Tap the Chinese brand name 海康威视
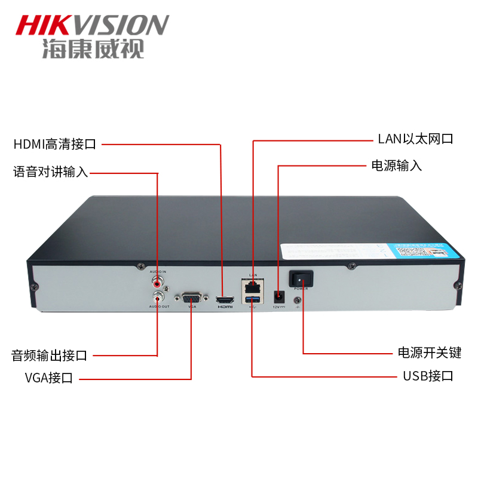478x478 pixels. click(x=93, y=50)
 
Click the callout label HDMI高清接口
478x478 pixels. click(x=55, y=144)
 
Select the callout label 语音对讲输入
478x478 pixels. click(x=51, y=173)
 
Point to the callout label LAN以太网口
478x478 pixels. click(x=415, y=140)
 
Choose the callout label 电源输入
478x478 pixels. click(x=397, y=166)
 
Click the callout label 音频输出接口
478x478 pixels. click(x=50, y=356)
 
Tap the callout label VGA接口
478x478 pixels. click(x=49, y=378)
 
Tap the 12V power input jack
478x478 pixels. click(x=278, y=296)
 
